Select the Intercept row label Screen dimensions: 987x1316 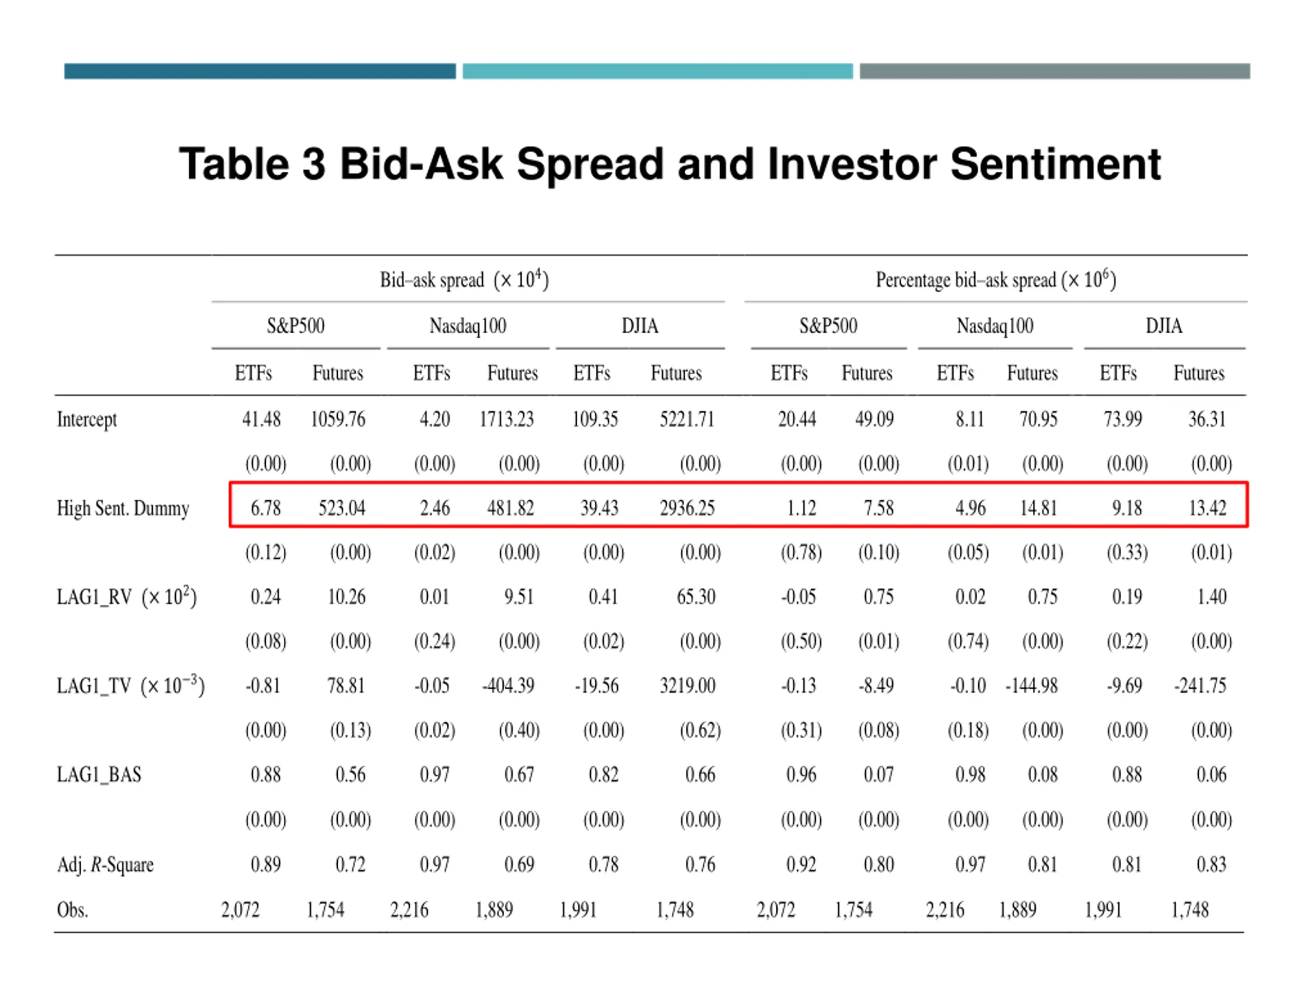87,419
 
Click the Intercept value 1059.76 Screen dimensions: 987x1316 337,419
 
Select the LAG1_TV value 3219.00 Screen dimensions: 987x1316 687,685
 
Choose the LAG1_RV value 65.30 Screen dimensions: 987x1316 696,597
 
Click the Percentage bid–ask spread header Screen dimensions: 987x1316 995,280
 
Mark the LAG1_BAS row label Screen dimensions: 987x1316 99,775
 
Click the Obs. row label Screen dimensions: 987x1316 72,910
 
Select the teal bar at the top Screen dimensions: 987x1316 657,71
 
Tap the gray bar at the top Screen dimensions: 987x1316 1054,71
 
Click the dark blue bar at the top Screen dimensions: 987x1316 260,71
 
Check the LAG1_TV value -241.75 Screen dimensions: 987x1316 1200,685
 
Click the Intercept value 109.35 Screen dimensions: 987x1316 595,419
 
